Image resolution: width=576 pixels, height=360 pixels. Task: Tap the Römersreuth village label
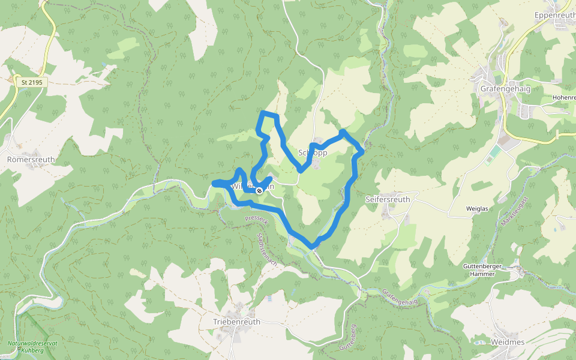coord(31,160)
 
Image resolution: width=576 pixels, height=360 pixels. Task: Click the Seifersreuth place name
coord(388,199)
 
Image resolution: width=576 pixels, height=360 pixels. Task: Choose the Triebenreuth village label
coord(237,322)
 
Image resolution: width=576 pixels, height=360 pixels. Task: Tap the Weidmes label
coord(507,342)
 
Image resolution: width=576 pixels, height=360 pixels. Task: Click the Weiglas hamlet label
coord(478,209)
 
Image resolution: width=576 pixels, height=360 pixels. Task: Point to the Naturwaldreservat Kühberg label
coord(33,346)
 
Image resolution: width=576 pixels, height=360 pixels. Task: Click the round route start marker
coord(259,190)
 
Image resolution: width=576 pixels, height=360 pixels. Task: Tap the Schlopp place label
coord(313,153)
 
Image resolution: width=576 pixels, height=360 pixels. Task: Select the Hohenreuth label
coord(564,97)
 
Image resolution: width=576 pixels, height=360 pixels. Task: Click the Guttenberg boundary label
coord(348,337)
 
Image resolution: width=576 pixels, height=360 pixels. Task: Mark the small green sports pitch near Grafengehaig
coord(494,153)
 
